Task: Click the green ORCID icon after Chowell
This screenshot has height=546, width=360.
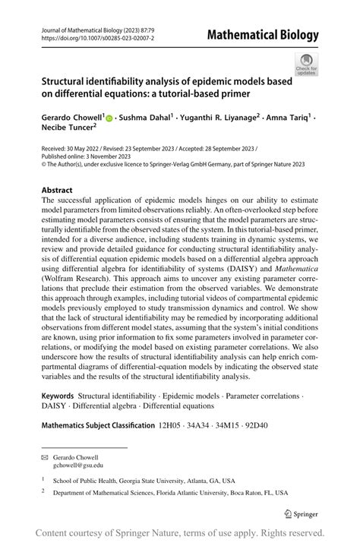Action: tap(109, 119)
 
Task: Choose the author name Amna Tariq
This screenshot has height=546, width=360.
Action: tap(287, 118)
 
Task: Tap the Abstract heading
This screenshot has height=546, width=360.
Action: tap(57, 190)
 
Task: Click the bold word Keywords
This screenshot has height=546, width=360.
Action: tap(57, 396)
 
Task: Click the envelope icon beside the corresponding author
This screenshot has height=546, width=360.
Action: tap(44, 457)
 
